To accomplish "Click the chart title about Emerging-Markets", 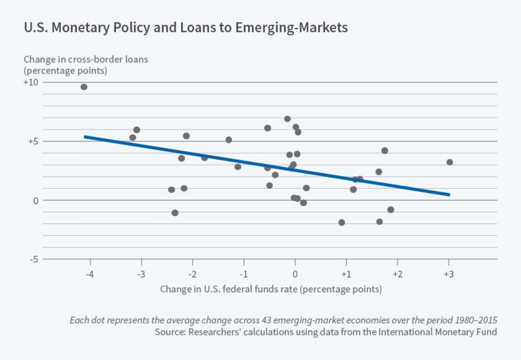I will [186, 28].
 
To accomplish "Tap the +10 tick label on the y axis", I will [30, 82].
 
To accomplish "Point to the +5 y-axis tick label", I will [33, 141].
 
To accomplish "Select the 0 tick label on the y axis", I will [35, 201].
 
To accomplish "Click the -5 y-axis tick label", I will [34, 259].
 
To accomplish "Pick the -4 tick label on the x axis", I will [90, 274].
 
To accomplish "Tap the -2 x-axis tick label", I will [192, 274].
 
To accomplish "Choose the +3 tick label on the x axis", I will [448, 274].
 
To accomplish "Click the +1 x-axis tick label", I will [346, 274].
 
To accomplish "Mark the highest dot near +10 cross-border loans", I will [84, 87].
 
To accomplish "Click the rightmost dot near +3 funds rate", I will [450, 162].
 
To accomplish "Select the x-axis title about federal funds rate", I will [271, 289].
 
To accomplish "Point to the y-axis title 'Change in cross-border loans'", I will [86, 59].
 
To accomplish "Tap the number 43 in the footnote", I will [266, 320].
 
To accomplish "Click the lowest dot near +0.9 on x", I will [342, 222].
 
